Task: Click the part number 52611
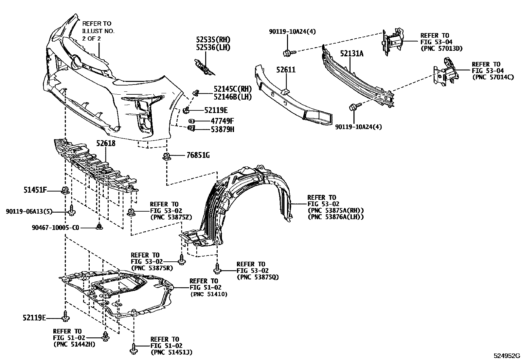click(285, 70)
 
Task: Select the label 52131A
click(351, 53)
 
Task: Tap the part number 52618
click(106, 143)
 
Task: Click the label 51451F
click(35, 189)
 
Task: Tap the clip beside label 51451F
click(65, 190)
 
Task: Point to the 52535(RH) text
click(213, 40)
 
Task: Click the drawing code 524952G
click(507, 356)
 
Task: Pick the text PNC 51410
click(208, 294)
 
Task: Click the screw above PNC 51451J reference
click(133, 349)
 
